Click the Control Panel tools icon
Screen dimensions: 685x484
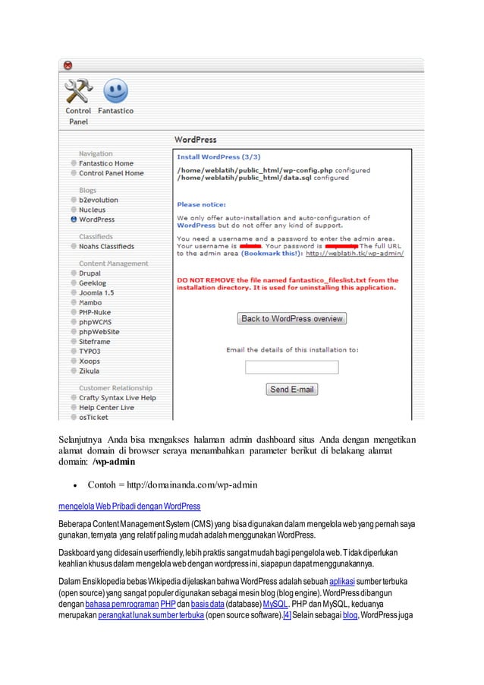tap(77, 93)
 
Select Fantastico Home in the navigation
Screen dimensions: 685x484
tap(105, 163)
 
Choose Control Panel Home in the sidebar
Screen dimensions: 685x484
tap(111, 173)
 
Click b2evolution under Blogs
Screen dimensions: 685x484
tap(98, 200)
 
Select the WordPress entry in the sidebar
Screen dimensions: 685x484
tap(96, 219)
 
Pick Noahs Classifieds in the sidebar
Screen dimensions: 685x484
tap(106, 247)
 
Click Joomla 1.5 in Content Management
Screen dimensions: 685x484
tap(96, 292)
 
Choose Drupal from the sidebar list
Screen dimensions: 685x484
tap(90, 273)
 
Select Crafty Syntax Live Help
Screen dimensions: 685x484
tap(117, 398)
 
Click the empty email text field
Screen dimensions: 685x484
tap(281, 368)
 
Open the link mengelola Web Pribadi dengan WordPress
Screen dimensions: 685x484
tap(130, 506)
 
